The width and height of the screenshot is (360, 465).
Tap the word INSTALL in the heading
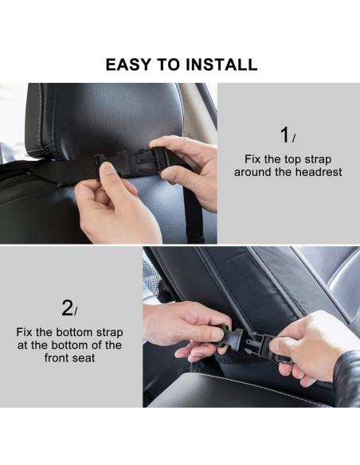(x=222, y=64)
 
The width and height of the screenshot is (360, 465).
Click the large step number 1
(x=284, y=135)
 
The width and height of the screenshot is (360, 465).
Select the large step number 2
(x=68, y=307)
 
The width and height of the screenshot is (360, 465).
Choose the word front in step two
(x=60, y=358)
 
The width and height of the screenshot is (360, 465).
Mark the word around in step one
(x=253, y=172)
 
